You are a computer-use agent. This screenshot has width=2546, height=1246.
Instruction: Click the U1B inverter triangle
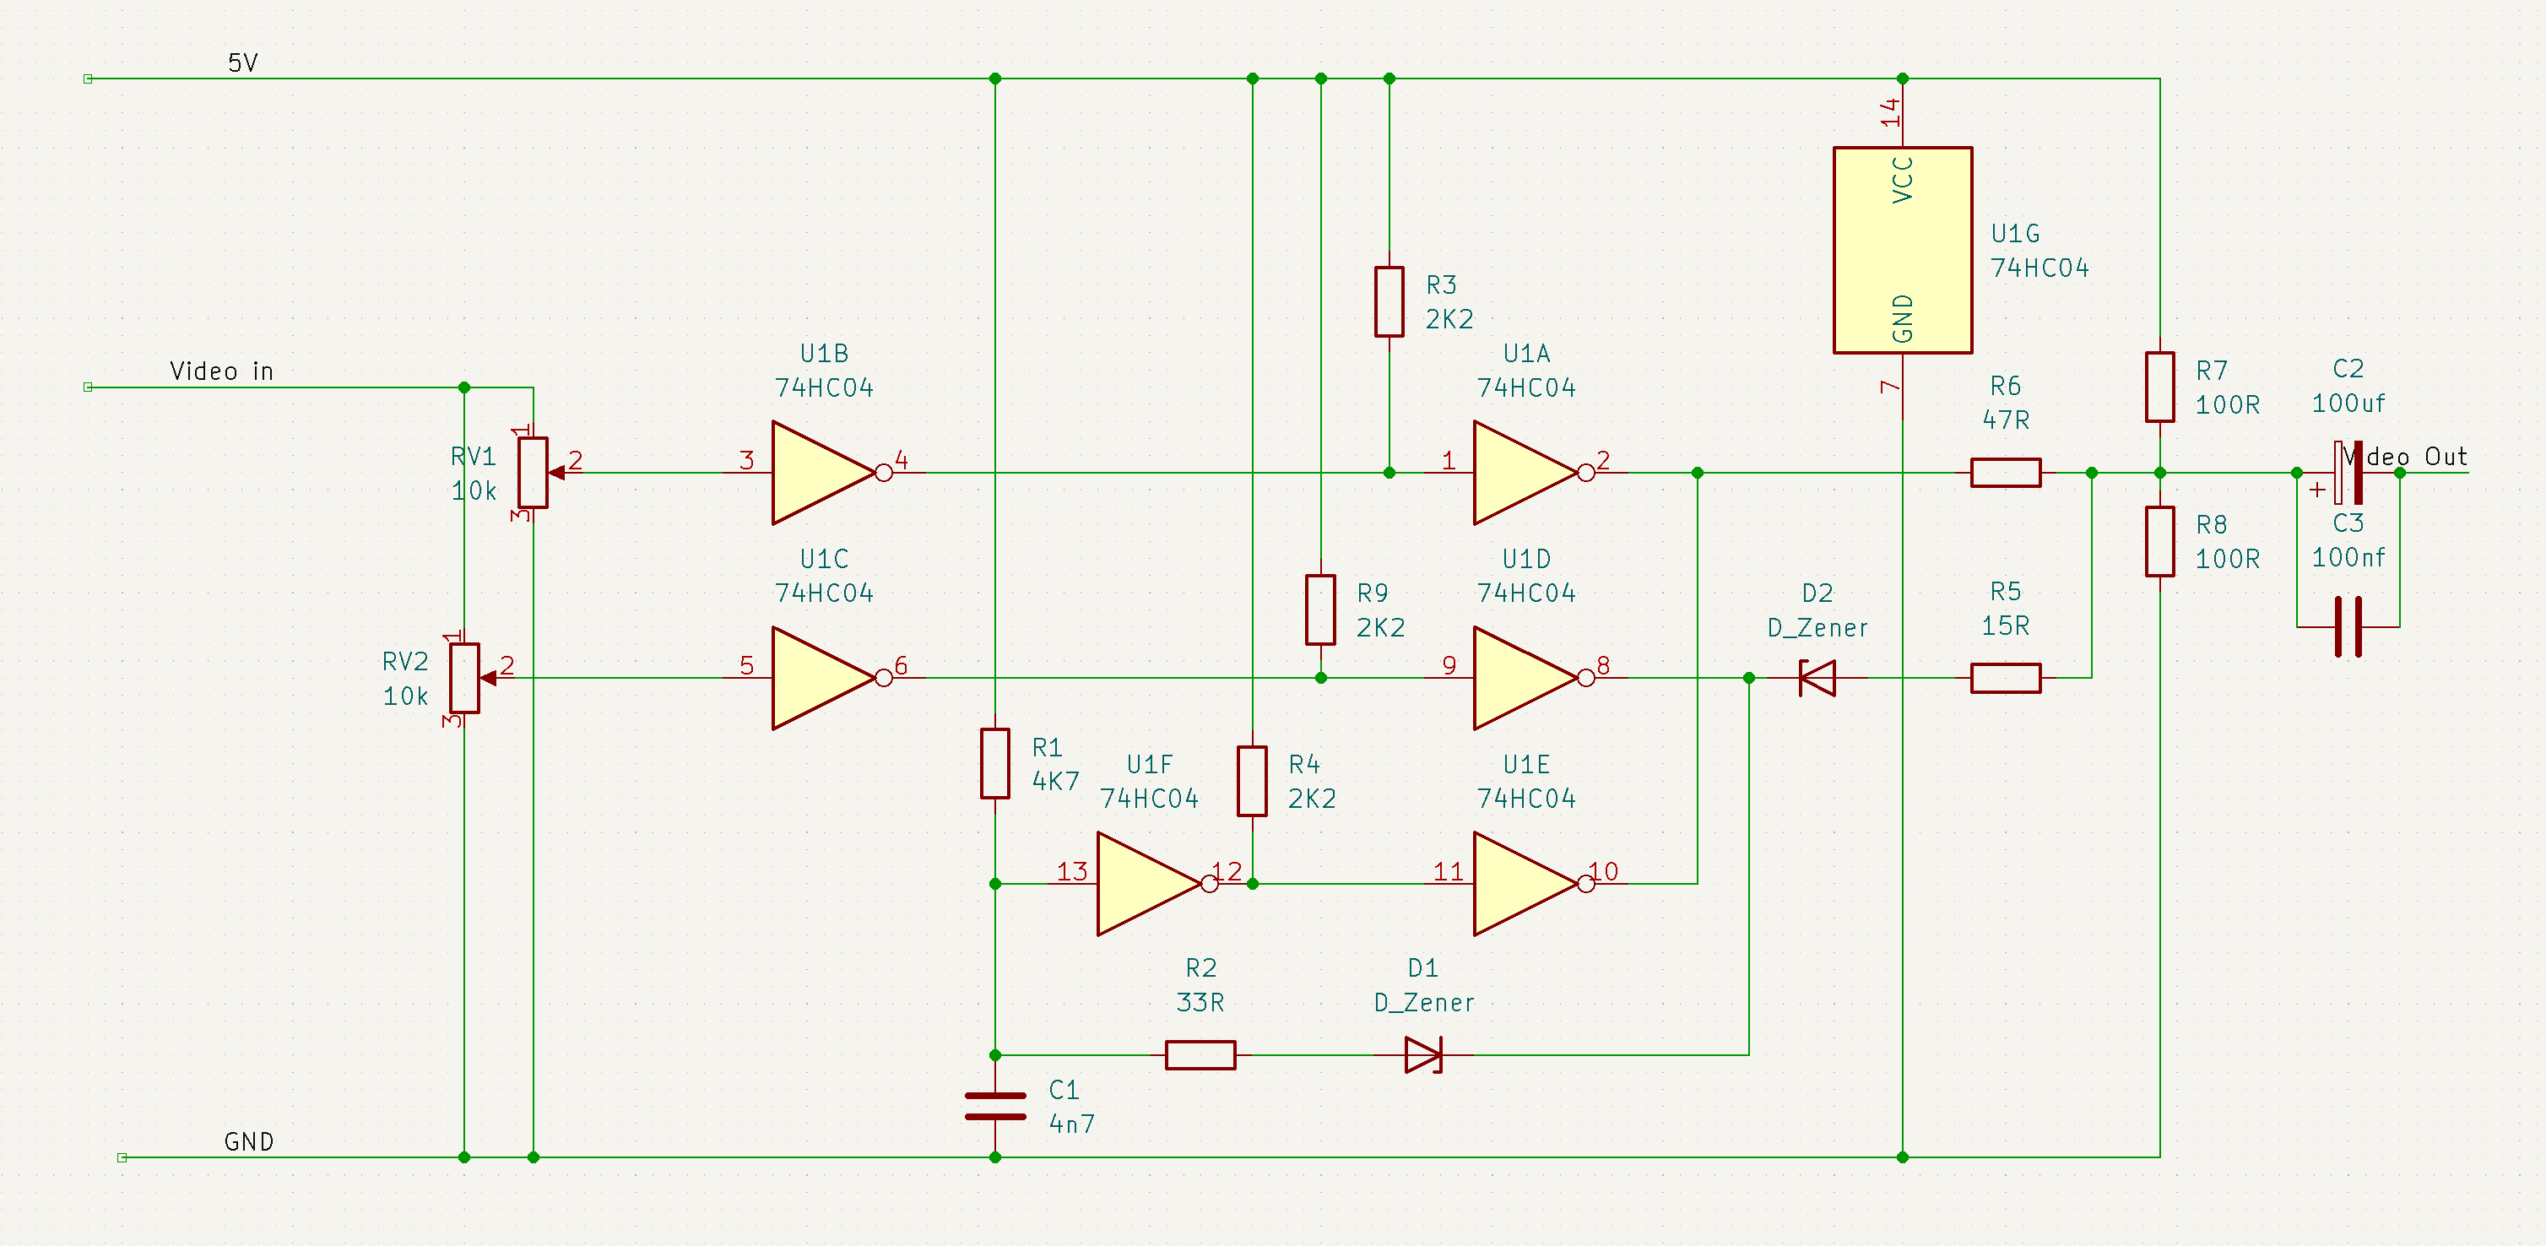pos(823,472)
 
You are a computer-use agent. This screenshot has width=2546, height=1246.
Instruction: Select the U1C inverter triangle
pos(823,678)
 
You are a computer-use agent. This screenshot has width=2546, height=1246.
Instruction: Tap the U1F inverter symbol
pos(1148,883)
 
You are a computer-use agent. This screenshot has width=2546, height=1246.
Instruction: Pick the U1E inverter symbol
pos(1525,883)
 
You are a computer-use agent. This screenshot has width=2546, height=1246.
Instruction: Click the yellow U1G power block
pos(1903,250)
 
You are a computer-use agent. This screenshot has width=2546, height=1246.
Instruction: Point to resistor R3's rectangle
pos(1389,301)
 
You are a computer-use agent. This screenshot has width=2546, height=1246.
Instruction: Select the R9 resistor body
pos(1320,609)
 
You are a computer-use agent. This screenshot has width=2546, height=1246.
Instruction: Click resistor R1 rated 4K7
pos(994,764)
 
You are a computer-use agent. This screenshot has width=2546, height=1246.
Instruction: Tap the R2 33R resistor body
pos(1200,1055)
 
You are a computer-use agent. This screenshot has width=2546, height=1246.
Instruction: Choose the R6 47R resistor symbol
pos(2006,472)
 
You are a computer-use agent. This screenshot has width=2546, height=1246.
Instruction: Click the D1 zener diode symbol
pos(1423,1055)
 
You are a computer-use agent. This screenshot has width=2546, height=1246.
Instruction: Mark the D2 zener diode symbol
pos(1817,678)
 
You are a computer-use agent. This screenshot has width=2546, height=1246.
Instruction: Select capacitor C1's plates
pos(994,1107)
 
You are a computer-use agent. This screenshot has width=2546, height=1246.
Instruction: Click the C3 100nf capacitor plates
pos(2348,626)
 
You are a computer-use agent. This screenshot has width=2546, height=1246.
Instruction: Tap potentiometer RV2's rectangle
pos(464,678)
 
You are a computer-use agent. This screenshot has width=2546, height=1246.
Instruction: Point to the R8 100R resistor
pos(2159,541)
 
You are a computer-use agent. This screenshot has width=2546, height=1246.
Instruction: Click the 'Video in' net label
pos(221,371)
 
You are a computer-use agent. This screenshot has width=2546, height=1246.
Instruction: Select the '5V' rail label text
pos(243,63)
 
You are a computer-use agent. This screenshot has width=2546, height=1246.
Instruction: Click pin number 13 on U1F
pos(1072,871)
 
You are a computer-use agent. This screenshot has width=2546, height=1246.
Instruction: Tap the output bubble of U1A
pos(1586,472)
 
